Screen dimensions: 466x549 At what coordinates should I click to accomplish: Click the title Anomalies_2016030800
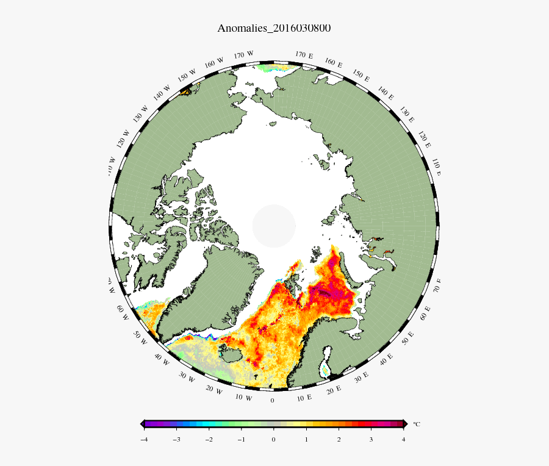[x=274, y=28]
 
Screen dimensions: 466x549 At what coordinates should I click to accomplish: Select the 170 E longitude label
[x=304, y=55]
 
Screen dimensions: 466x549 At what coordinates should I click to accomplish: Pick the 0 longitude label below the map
[x=273, y=401]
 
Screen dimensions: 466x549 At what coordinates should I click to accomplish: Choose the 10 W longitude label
[x=244, y=398]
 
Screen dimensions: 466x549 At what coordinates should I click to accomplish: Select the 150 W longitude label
[x=187, y=76]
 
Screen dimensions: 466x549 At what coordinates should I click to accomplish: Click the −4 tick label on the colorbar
[x=143, y=439]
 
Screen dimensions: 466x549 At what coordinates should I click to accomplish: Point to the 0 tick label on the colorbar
[x=273, y=439]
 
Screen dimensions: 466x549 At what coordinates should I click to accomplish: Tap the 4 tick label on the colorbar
[x=404, y=439]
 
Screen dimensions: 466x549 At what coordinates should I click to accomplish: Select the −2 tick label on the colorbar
[x=209, y=439]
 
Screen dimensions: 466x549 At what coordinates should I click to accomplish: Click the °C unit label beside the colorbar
[x=417, y=424]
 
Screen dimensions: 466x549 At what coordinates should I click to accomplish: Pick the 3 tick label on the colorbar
[x=371, y=439]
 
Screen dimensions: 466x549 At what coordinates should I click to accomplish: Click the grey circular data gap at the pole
[x=274, y=226]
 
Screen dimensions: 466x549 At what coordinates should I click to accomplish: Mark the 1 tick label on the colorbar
[x=306, y=439]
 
